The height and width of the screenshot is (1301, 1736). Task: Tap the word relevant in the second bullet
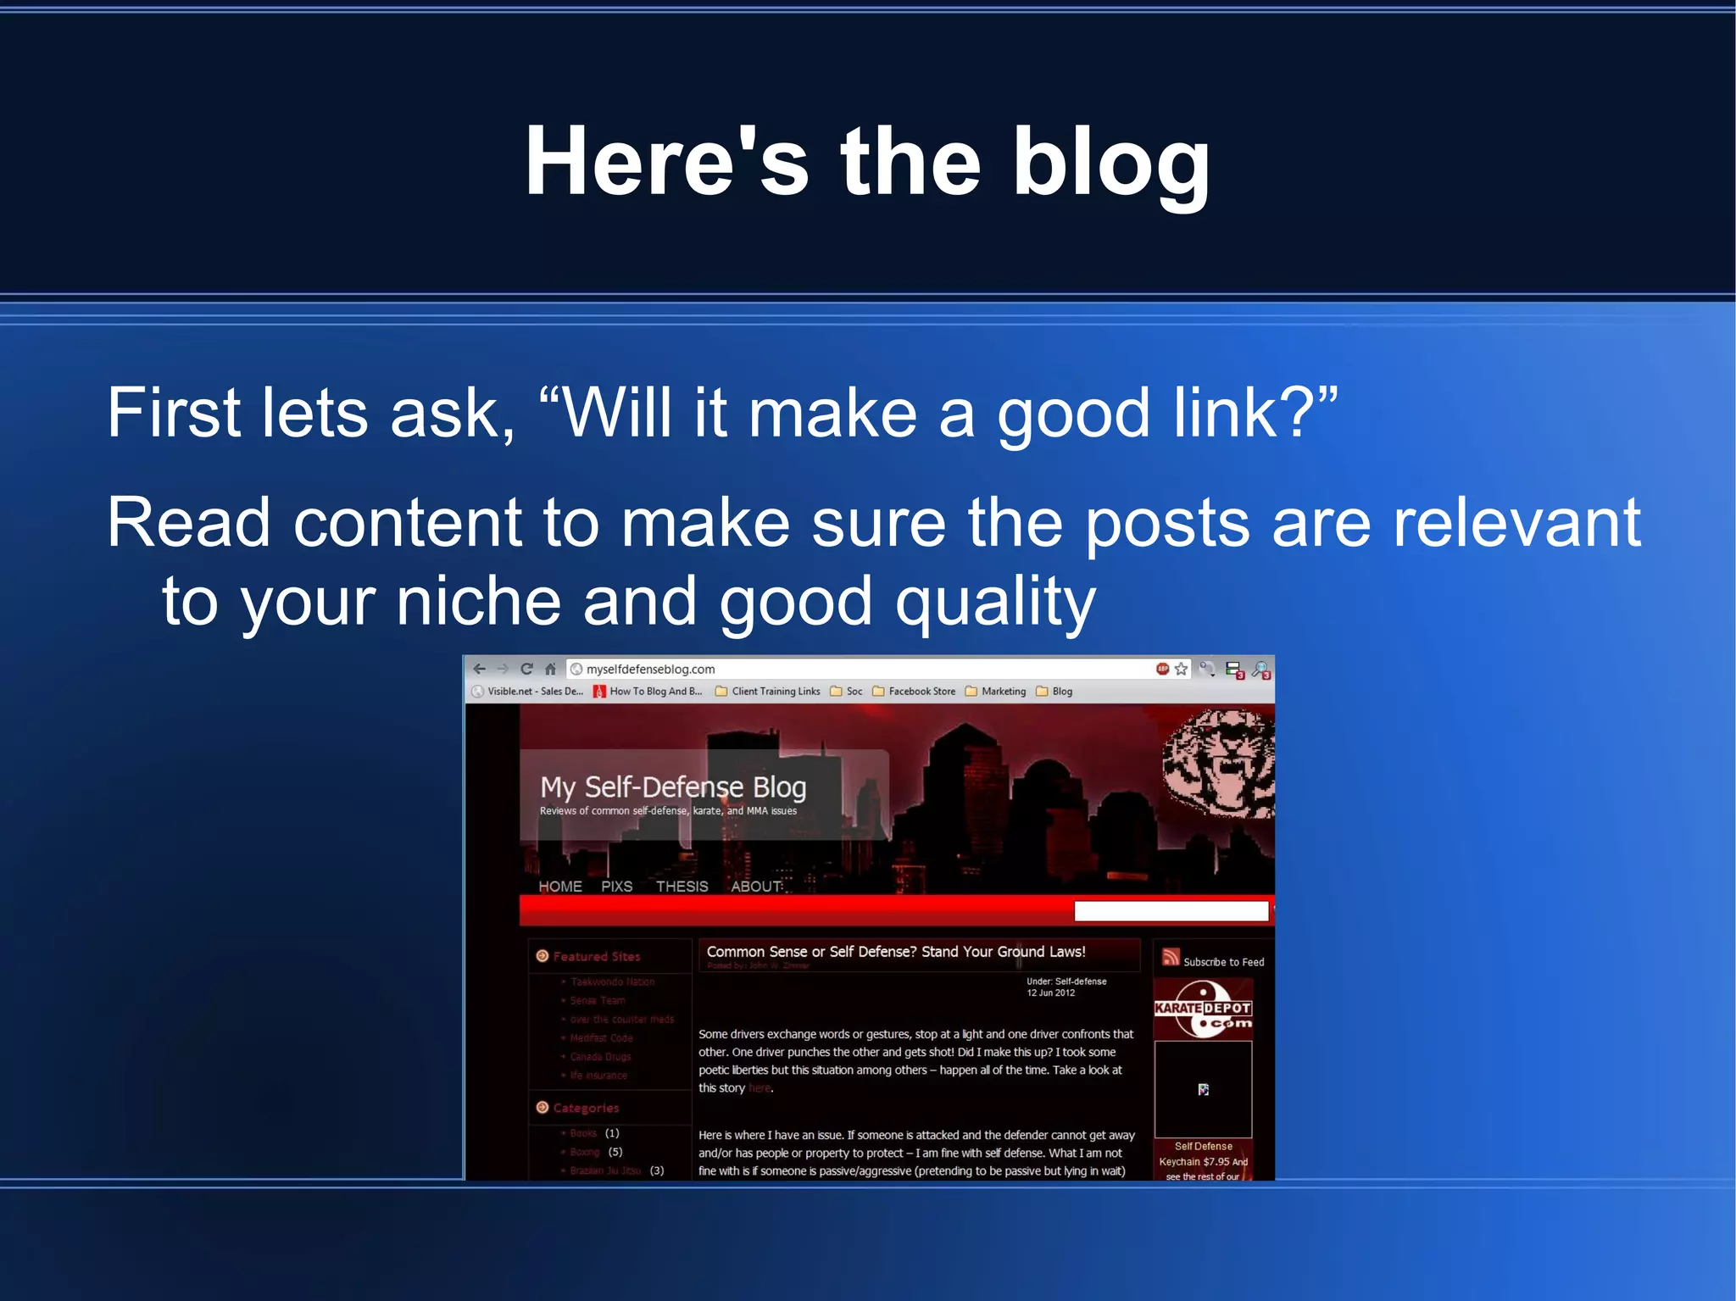click(x=1516, y=523)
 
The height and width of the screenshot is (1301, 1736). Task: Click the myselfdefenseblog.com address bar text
click(x=650, y=669)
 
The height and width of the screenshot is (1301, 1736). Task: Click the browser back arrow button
click(x=480, y=669)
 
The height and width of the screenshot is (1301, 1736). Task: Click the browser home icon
click(x=550, y=669)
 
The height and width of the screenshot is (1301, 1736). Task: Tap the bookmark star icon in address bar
click(x=1181, y=669)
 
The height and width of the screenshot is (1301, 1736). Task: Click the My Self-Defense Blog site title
click(x=673, y=787)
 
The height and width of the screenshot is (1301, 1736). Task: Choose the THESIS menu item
click(x=682, y=887)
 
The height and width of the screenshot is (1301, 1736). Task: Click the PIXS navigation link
click(x=616, y=887)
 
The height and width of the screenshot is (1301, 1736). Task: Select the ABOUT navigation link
click(x=756, y=887)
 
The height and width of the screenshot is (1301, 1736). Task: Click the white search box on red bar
click(x=1171, y=911)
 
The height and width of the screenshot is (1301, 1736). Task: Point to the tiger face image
click(x=1219, y=763)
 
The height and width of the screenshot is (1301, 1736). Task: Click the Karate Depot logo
click(x=1203, y=1009)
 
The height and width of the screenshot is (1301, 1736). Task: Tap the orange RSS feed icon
click(x=1171, y=957)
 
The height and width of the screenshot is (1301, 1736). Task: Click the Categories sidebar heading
click(x=586, y=1108)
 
